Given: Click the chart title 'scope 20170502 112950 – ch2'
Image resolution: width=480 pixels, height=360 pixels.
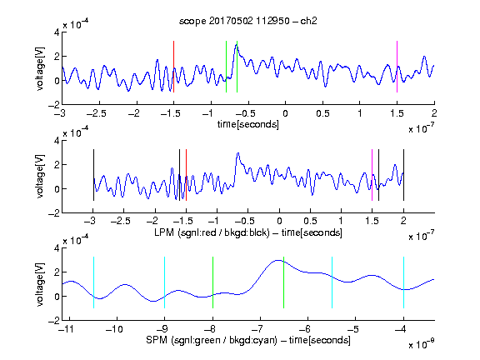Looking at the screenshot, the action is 248,21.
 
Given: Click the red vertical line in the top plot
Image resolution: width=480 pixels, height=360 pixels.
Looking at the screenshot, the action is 173,67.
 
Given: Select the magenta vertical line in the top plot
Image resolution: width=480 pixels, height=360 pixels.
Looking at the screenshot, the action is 397,67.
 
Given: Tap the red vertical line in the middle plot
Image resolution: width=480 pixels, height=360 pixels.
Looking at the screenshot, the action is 186,175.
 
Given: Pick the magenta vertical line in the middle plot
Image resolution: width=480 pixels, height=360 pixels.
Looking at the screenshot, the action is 372,175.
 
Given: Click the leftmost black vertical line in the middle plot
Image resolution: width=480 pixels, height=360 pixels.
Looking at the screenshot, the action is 93,175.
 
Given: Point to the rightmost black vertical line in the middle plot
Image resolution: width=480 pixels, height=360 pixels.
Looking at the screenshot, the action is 403,175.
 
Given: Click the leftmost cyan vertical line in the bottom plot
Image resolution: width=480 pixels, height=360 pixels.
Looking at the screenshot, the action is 93,282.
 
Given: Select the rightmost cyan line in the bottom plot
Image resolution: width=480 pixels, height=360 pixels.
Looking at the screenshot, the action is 403,282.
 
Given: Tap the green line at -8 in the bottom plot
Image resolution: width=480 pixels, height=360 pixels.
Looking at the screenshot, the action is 212,282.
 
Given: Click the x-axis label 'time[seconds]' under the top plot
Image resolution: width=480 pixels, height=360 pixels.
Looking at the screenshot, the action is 248,125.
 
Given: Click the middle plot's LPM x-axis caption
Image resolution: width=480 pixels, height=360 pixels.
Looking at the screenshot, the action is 248,232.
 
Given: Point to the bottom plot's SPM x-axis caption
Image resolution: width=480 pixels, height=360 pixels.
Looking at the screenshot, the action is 248,340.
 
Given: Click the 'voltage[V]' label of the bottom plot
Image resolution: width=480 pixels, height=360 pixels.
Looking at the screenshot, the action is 40,284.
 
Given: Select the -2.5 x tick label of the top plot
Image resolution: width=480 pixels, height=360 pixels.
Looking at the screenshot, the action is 96,114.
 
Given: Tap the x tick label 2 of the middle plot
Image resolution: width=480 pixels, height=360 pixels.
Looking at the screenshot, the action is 403,221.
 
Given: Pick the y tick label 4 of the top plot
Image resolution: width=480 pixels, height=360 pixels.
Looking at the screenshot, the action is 57,32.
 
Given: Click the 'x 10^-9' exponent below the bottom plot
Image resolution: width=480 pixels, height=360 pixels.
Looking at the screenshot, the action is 421,345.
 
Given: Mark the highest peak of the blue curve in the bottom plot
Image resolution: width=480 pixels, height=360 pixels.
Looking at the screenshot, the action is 278,260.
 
